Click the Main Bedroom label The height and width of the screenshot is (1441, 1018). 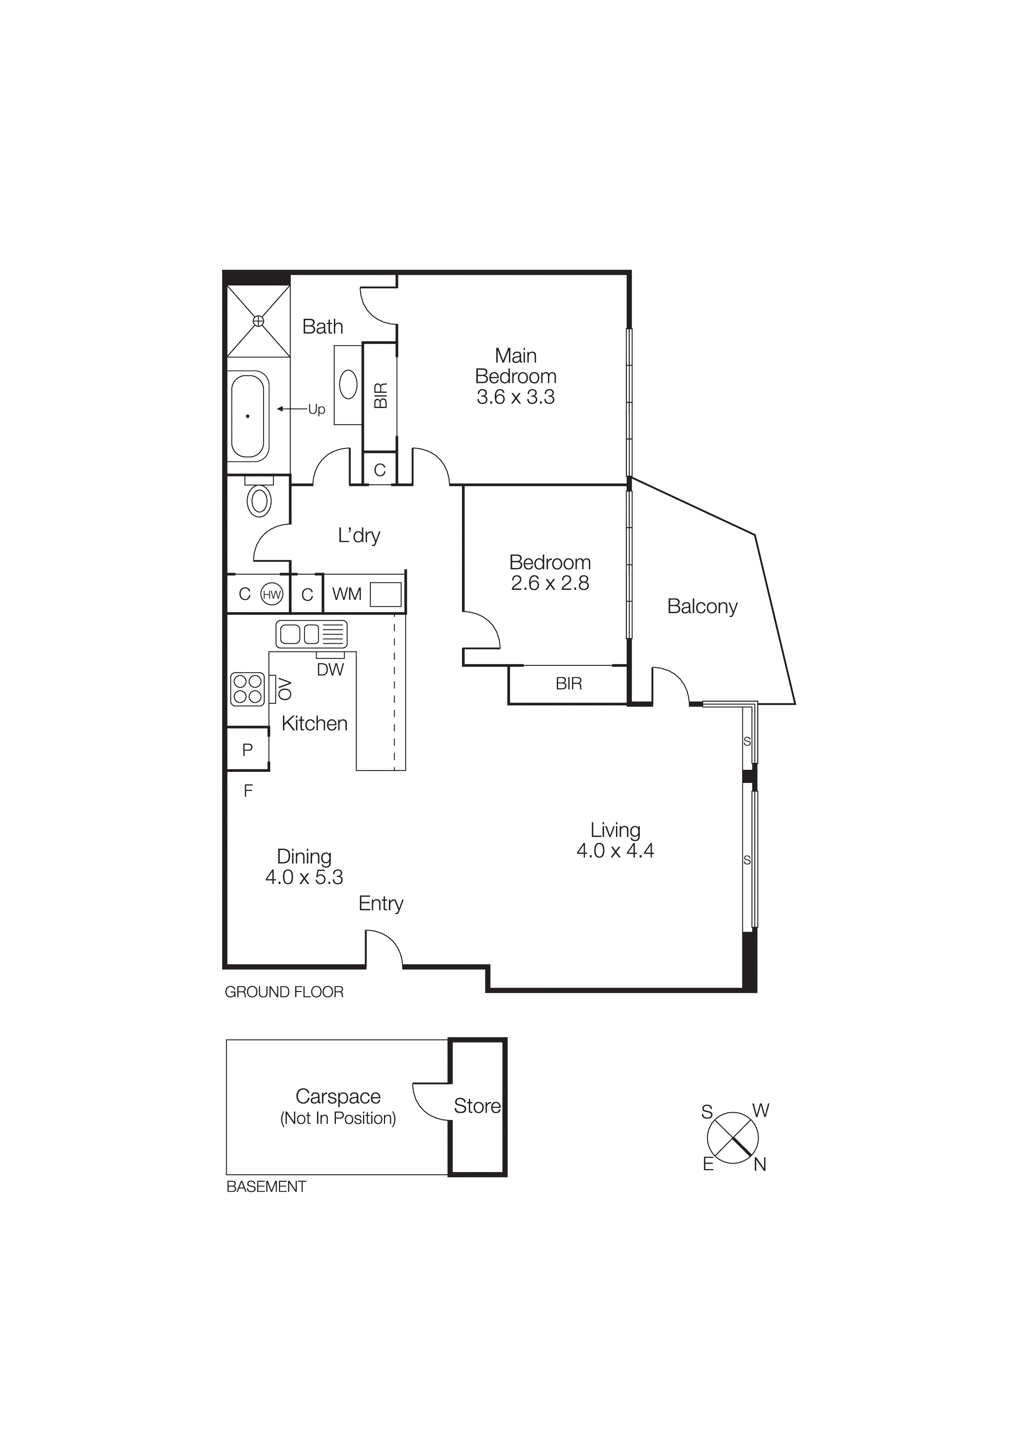[x=516, y=366]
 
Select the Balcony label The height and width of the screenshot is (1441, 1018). [x=702, y=606]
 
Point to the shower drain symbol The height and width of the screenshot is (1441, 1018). [x=258, y=321]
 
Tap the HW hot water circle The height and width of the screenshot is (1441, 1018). [x=271, y=594]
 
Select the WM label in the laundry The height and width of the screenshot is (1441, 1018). [x=347, y=594]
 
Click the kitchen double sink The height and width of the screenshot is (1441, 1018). [x=311, y=634]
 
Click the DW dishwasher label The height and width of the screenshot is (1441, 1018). [x=330, y=670]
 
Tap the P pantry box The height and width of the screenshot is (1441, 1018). [x=247, y=749]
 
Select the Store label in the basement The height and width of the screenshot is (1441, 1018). [x=477, y=1105]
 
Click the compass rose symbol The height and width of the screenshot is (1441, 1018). [x=733, y=1137]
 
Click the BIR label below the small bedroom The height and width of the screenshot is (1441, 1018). [x=568, y=684]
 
